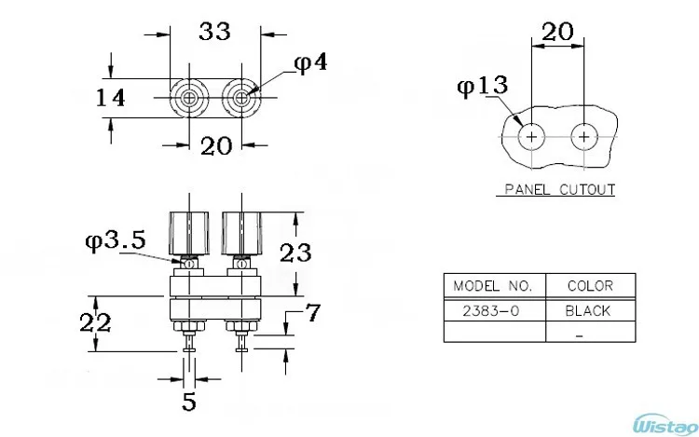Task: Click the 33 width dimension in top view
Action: click(x=215, y=31)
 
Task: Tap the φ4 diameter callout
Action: click(x=309, y=63)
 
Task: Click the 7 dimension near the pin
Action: click(x=314, y=314)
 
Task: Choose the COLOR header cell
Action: click(x=589, y=285)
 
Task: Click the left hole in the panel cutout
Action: click(x=532, y=137)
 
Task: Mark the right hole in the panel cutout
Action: click(x=584, y=137)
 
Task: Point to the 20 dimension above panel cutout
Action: click(x=557, y=30)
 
